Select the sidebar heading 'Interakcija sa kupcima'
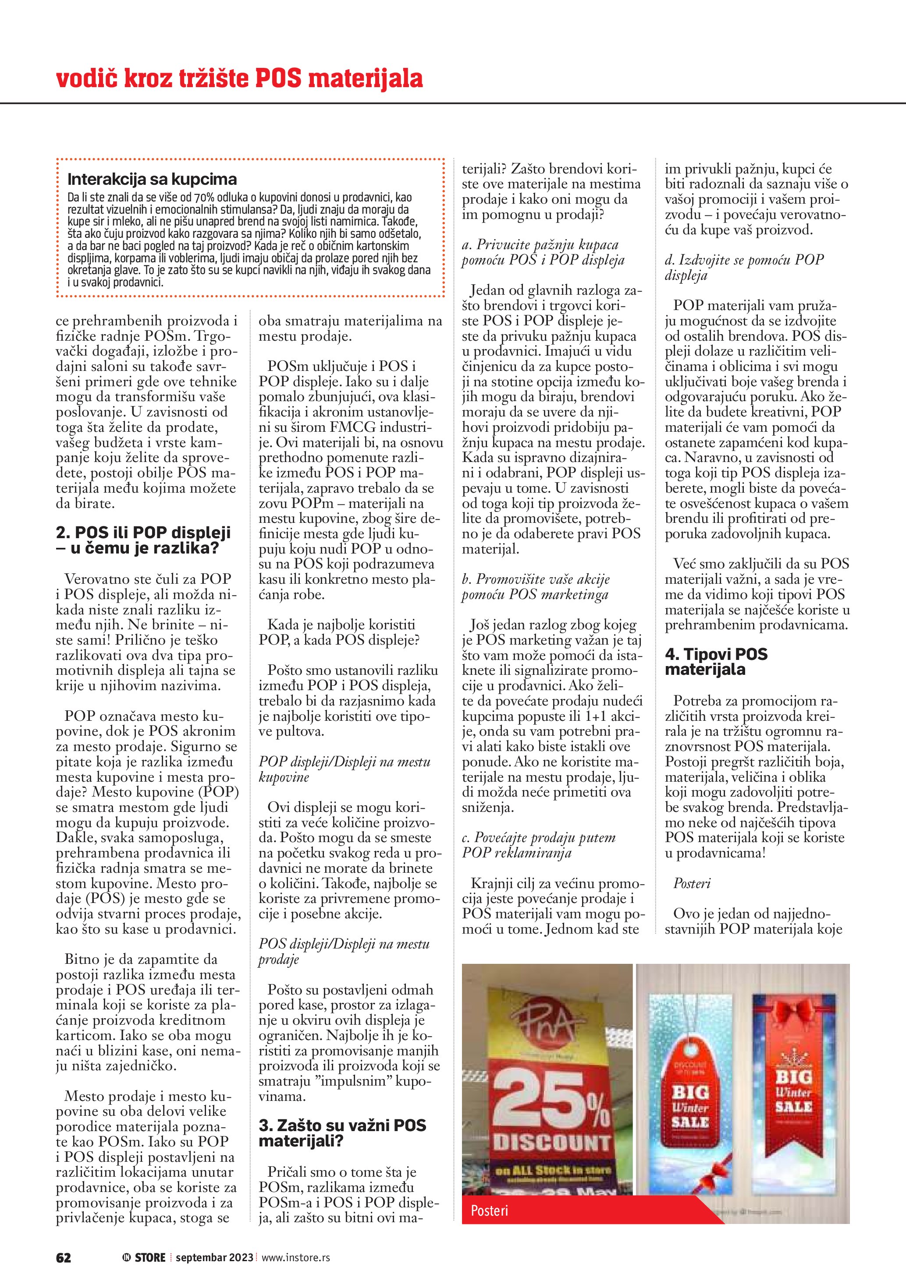click(x=152, y=179)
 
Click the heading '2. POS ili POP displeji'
click(x=143, y=532)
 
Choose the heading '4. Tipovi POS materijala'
click(x=716, y=661)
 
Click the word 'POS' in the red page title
click(x=278, y=79)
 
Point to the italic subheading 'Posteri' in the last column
click(x=691, y=883)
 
